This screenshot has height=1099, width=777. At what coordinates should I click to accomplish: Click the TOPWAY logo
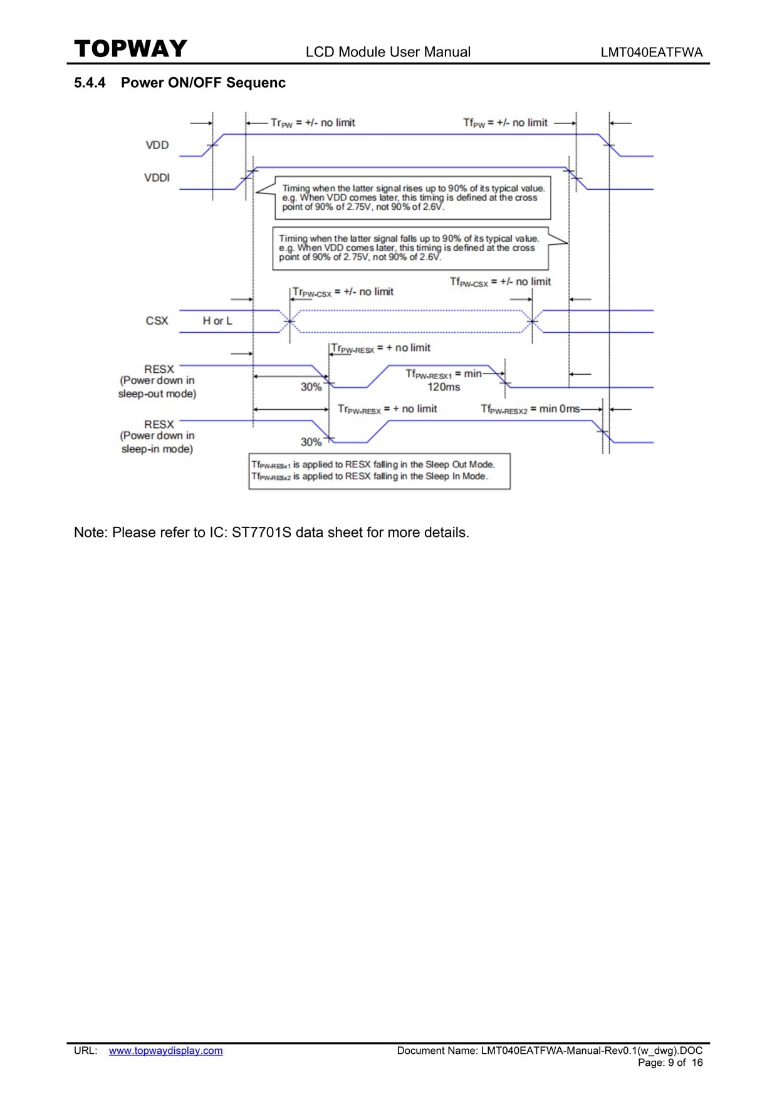(130, 48)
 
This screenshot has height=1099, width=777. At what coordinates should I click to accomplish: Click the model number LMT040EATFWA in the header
(652, 53)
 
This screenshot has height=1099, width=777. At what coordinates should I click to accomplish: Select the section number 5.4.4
(90, 83)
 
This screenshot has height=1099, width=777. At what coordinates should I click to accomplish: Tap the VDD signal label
(157, 145)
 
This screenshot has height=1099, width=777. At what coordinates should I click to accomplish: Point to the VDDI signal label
(157, 178)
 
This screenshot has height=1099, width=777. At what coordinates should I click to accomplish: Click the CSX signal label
(157, 321)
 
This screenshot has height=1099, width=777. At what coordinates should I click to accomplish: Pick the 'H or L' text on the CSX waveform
(217, 321)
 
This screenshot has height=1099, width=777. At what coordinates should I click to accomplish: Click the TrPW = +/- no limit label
(313, 123)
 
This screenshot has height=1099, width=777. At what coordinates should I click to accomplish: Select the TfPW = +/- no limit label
(505, 123)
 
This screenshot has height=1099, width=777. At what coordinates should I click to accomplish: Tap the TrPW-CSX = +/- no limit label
(343, 292)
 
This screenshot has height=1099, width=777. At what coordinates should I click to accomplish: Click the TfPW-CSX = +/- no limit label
(500, 282)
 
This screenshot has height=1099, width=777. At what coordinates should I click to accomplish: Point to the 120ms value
(444, 387)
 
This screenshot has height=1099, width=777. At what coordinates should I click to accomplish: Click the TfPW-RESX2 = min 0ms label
(530, 409)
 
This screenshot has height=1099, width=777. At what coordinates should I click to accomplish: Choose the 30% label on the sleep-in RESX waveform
(311, 442)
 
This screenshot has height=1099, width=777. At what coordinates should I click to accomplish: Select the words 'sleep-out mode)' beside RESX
(157, 394)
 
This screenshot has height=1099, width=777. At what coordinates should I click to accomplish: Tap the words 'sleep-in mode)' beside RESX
(157, 449)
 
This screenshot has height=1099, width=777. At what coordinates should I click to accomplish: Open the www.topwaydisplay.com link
(166, 1051)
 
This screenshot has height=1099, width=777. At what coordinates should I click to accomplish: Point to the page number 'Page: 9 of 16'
(670, 1063)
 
